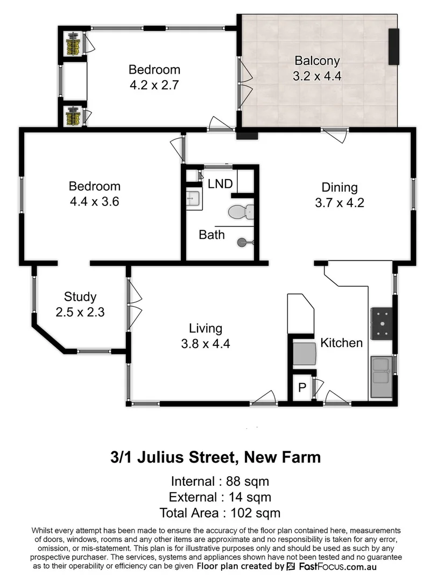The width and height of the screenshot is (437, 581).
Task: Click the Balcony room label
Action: pos(317,60)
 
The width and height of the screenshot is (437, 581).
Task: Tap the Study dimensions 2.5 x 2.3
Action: pos(80,311)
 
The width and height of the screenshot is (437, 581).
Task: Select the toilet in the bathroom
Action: pos(241,213)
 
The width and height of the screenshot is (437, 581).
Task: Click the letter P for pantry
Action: pos(302,388)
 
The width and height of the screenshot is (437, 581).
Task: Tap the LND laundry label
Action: pos(220,184)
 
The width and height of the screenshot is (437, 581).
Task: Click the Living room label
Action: pos(206,328)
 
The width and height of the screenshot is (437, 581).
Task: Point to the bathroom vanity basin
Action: pos(193,200)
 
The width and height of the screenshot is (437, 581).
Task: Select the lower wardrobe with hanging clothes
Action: pos(73,116)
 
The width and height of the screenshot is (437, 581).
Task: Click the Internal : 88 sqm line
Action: pos(220,481)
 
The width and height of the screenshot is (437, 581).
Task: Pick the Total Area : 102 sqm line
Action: pos(220,513)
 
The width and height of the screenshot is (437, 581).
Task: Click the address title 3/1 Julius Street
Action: pos(215,457)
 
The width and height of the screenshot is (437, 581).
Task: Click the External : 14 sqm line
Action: pos(220,497)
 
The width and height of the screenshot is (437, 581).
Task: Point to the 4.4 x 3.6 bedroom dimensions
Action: pos(94,203)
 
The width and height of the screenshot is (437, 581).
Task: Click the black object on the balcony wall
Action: pos(394,47)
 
